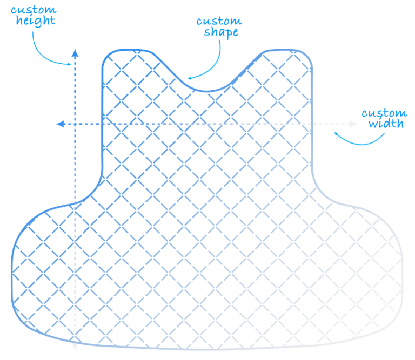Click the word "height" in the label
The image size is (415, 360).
36,21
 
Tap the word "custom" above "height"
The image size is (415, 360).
34,10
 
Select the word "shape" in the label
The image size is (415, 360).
221,32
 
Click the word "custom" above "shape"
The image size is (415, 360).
219,21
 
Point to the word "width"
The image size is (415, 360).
386,124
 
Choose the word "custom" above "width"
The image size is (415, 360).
384,113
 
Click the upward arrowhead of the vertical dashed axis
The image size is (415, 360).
75,53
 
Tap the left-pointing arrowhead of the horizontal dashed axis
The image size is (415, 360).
61,124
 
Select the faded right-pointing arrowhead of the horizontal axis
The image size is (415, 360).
353,124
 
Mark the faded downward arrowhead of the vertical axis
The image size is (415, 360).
75,347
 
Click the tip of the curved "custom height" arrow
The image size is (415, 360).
71,64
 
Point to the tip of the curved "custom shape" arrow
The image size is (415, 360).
188,78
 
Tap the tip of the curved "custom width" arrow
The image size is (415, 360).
334,133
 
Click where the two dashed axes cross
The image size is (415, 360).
75,124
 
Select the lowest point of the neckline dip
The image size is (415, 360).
206,91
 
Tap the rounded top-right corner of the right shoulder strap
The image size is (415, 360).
307,55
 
